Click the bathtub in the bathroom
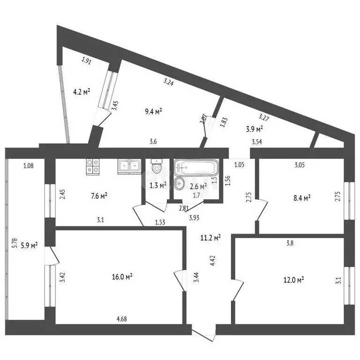click(196, 167)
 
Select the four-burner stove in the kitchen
click(93, 165)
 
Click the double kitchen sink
click(129, 165)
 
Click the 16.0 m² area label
click(122, 277)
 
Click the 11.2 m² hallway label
click(211, 238)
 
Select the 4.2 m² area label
click(81, 92)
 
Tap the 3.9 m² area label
click(254, 128)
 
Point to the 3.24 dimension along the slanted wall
click(169, 82)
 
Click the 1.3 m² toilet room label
click(157, 185)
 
